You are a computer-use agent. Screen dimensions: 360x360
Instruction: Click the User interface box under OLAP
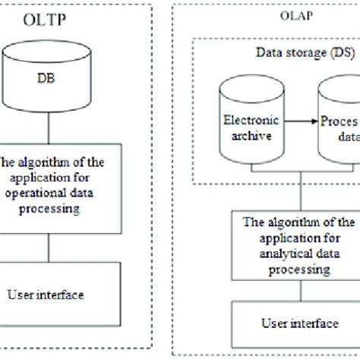(290, 324)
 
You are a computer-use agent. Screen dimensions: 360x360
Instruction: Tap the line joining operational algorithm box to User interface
(50, 248)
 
